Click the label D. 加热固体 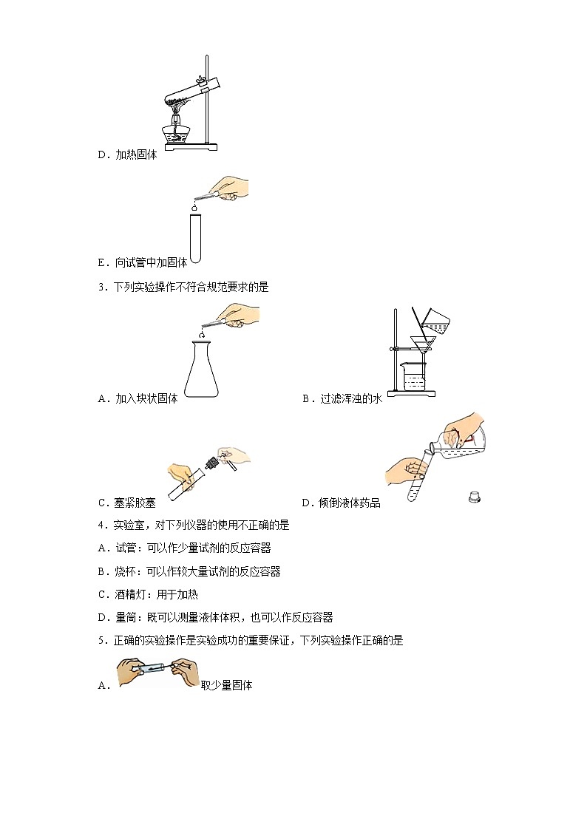[127, 155]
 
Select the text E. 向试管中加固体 [143, 262]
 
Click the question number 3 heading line [183, 288]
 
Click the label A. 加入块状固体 [138, 398]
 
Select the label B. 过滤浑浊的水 [342, 398]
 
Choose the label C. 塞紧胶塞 [127, 503]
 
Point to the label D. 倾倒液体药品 [341, 503]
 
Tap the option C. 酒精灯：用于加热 [148, 594]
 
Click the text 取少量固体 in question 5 [227, 685]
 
